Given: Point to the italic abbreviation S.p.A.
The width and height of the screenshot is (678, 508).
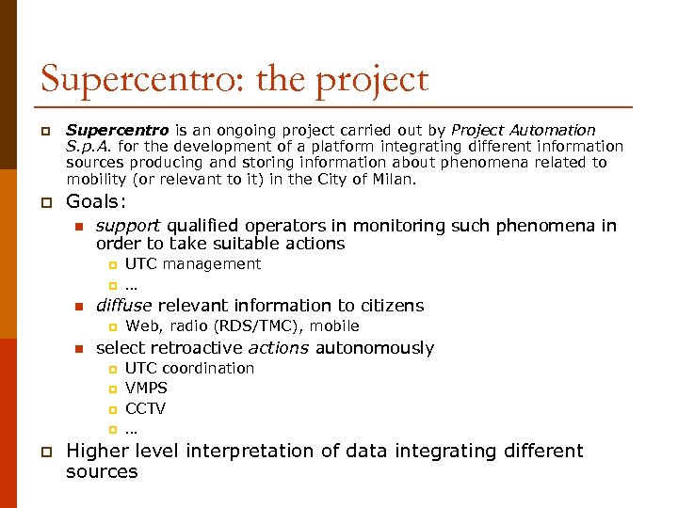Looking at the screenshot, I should (88, 146).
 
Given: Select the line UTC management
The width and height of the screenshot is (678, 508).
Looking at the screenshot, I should (192, 264).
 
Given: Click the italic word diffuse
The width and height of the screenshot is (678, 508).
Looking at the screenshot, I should (124, 305).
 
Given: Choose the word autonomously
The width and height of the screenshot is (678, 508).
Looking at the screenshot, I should (374, 348).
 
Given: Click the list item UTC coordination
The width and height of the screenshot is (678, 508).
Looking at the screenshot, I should (189, 368).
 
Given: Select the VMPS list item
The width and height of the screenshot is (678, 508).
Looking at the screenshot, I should (146, 388).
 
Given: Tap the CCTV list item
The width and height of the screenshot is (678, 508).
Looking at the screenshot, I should (145, 408).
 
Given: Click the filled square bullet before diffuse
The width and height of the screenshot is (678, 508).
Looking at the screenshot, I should (80, 306).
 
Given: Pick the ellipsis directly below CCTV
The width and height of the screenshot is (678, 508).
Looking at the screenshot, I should (131, 429).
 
